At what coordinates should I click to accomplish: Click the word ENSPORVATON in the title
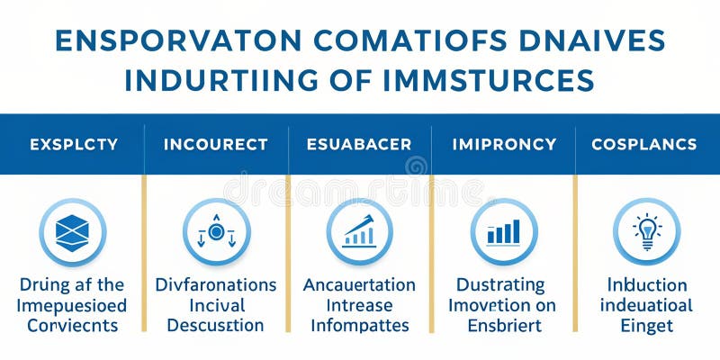[159, 41]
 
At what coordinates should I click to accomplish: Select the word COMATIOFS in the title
[407, 41]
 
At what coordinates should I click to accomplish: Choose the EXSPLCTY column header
[73, 144]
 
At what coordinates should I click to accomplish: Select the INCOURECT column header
[216, 144]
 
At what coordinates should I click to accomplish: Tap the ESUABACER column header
[359, 144]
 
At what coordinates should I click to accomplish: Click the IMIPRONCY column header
[503, 144]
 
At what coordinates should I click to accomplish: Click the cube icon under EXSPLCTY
[73, 232]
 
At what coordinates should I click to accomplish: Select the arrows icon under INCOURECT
[216, 232]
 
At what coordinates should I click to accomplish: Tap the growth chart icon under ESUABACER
[359, 232]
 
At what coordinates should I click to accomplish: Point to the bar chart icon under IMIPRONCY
[503, 232]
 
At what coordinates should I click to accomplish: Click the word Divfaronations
[216, 284]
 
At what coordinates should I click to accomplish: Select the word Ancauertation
[359, 284]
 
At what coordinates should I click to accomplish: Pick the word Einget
[646, 326]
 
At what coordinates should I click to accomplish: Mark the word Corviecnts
[73, 326]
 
